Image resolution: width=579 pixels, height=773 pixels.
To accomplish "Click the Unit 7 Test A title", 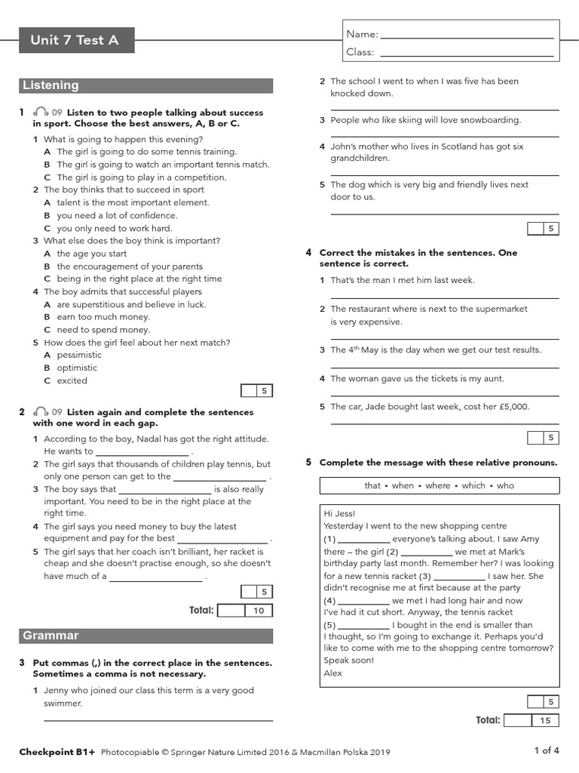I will [x=75, y=40].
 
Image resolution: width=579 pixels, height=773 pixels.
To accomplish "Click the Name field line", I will [x=467, y=35].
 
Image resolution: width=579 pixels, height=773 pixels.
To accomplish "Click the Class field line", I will [x=467, y=53].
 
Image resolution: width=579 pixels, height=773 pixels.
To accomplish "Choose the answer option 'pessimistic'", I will [x=79, y=355].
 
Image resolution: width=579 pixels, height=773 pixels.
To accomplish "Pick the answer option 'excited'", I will [x=72, y=380].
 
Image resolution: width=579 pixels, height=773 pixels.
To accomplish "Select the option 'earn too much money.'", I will [x=103, y=317].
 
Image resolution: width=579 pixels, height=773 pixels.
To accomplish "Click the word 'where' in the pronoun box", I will [x=437, y=485].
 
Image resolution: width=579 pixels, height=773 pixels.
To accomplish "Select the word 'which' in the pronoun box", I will [x=473, y=485].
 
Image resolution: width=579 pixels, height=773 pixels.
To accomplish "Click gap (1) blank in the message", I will [x=364, y=539].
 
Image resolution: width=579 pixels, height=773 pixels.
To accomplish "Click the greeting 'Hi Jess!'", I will [x=339, y=513].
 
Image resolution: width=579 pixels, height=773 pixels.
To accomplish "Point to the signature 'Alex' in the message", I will [x=332, y=673].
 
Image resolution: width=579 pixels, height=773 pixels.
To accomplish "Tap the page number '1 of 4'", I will [x=547, y=750].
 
